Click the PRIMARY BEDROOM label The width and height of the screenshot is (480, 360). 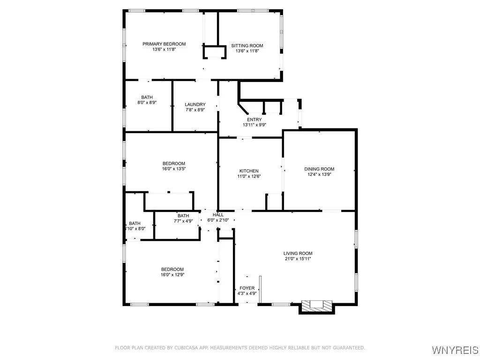164,44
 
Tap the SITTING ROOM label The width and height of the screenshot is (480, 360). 247,46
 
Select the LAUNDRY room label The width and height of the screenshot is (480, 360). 195,105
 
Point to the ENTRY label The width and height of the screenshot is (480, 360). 255,120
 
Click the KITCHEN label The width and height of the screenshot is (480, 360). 249,171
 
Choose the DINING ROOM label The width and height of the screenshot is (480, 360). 319,169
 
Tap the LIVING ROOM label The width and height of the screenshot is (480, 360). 298,254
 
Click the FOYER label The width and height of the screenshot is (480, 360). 247,288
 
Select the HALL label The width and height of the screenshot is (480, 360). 218,215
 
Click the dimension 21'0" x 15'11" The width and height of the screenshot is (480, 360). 298,259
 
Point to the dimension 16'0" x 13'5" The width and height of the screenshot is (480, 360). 174,169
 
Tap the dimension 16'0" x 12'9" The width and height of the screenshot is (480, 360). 172,275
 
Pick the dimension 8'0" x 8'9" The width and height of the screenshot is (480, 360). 147,103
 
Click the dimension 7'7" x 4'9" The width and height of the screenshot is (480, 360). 183,221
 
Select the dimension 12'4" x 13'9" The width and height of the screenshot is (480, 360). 319,174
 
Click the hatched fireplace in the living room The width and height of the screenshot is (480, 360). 317,306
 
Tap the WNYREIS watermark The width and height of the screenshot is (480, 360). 455,350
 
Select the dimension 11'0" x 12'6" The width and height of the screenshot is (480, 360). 249,176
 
